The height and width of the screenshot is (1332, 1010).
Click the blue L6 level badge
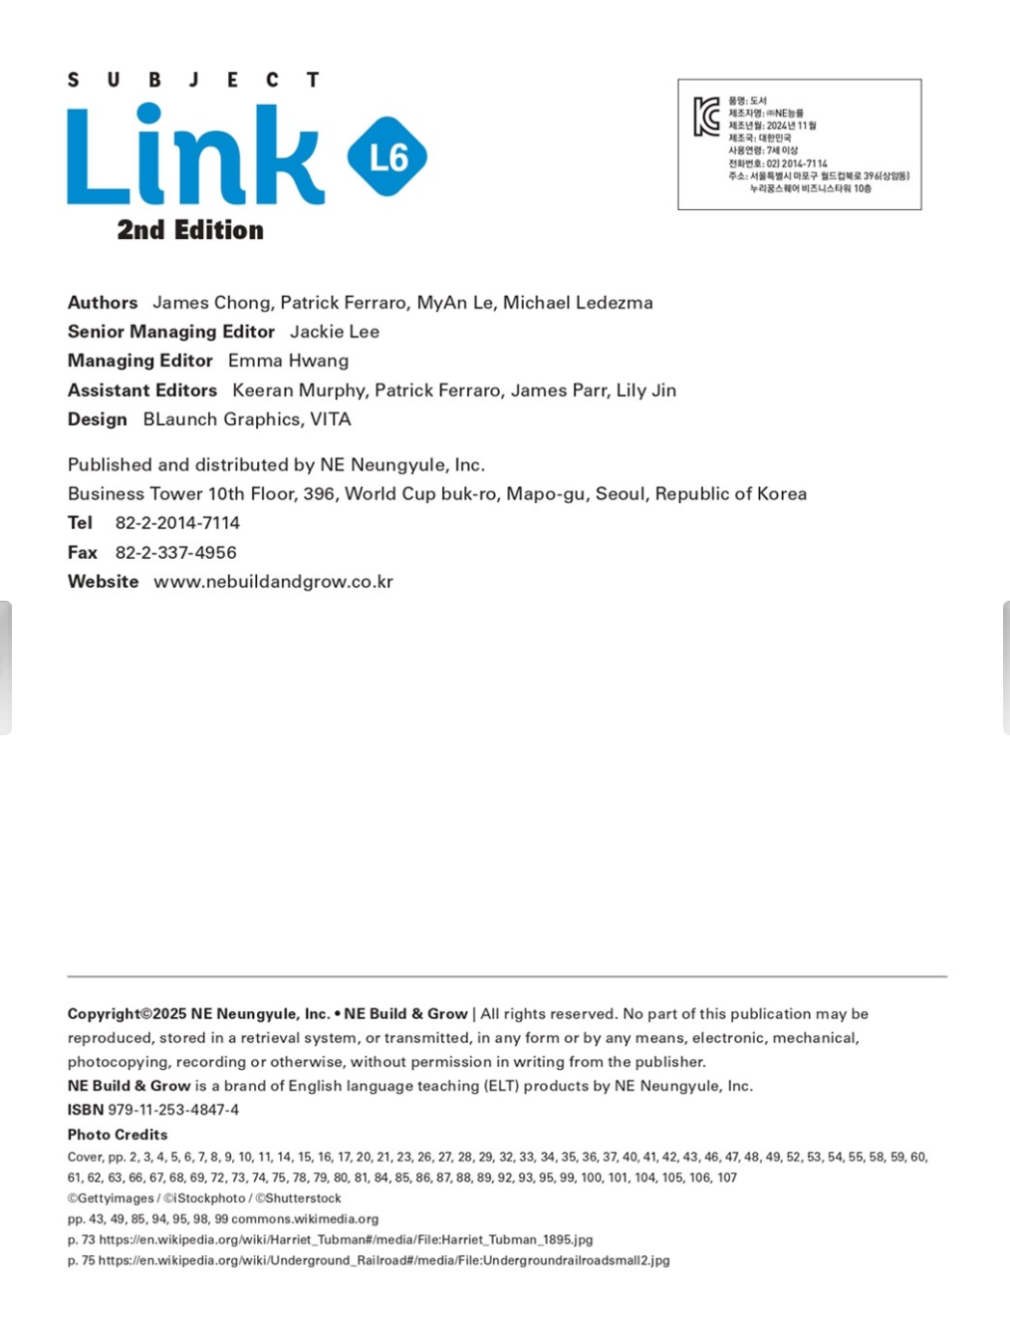click(x=387, y=156)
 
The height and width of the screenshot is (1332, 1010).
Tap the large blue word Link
click(x=195, y=156)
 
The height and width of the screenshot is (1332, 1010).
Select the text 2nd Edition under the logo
click(x=190, y=230)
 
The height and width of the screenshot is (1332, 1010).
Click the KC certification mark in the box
click(x=706, y=117)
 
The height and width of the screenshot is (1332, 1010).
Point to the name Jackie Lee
click(x=335, y=332)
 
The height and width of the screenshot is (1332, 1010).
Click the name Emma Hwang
click(x=288, y=361)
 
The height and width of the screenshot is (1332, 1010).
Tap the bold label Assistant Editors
click(x=142, y=391)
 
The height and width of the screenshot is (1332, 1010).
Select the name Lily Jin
click(x=645, y=391)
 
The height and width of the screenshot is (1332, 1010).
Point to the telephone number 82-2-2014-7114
click(x=177, y=523)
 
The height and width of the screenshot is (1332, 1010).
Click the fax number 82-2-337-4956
click(x=175, y=553)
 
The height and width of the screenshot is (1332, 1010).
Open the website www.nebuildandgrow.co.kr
click(x=273, y=582)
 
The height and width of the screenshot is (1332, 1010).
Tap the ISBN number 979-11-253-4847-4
click(x=173, y=1110)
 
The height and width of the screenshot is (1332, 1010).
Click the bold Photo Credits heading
click(x=118, y=1135)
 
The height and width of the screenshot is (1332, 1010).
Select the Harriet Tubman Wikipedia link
click(x=346, y=1240)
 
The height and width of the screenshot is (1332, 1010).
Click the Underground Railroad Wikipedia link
click(x=383, y=1261)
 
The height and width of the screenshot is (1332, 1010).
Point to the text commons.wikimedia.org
click(x=305, y=1219)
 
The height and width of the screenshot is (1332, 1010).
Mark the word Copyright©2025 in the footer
click(x=127, y=1014)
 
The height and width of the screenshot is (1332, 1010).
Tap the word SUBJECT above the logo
click(x=193, y=80)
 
